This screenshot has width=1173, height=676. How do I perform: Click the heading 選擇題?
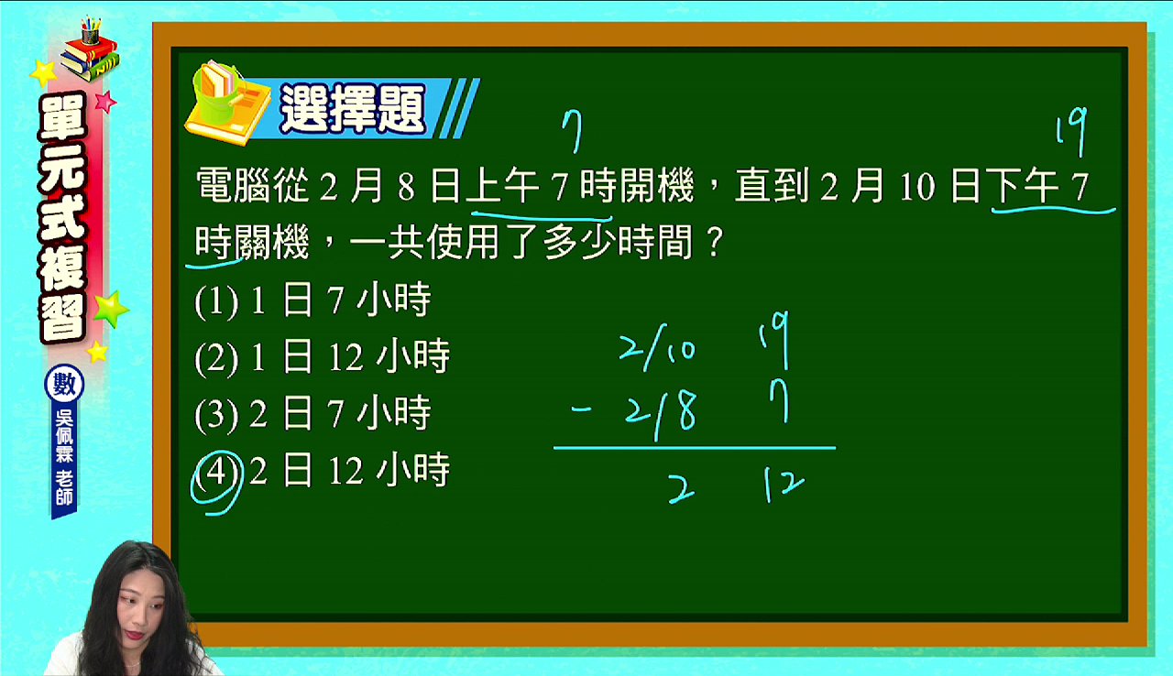point(353,109)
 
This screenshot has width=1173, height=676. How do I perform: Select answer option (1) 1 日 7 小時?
point(312,300)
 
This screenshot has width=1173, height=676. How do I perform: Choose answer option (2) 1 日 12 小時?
point(322,357)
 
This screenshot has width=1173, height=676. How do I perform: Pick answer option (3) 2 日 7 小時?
point(312,414)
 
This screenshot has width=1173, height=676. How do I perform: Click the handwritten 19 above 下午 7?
point(1071,131)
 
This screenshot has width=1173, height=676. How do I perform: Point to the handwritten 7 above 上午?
point(572,131)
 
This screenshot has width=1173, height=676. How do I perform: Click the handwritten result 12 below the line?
point(784,485)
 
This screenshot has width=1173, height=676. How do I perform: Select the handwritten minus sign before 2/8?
point(581,409)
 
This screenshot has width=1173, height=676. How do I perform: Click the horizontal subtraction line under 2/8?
point(695,448)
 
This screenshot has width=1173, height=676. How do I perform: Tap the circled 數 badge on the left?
point(64,384)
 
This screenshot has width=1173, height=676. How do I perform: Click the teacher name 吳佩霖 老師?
point(64,458)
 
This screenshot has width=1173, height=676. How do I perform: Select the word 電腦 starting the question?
point(234,186)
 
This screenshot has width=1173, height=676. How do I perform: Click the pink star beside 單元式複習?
point(105,102)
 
